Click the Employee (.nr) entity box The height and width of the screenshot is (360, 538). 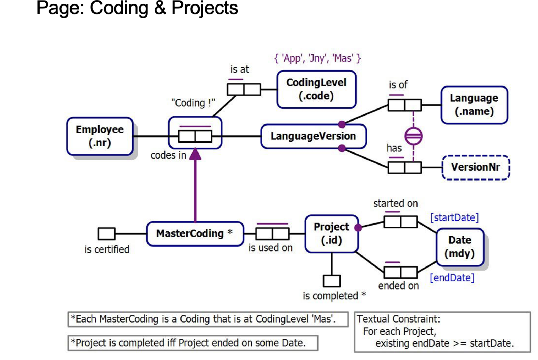100,136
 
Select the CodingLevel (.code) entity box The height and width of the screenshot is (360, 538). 316,89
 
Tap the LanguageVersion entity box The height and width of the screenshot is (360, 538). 313,136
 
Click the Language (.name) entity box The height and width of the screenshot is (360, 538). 474,105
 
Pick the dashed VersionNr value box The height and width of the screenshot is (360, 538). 475,167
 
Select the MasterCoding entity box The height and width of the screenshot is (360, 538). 195,233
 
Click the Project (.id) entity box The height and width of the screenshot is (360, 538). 331,233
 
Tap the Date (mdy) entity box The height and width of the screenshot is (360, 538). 460,247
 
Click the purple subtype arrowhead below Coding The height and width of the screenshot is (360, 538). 195,154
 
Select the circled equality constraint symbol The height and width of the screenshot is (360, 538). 413,136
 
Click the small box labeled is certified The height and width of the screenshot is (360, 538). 106,233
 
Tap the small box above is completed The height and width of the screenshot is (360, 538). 332,281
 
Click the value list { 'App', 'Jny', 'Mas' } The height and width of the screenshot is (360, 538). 317,58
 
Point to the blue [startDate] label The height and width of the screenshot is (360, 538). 454,217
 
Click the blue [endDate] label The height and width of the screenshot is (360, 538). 452,278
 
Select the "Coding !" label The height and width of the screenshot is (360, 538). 193,103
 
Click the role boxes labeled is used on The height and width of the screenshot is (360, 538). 272,233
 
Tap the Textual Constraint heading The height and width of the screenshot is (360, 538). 398,319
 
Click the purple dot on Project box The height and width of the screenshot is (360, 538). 358,228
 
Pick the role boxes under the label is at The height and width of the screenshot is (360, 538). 244,89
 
